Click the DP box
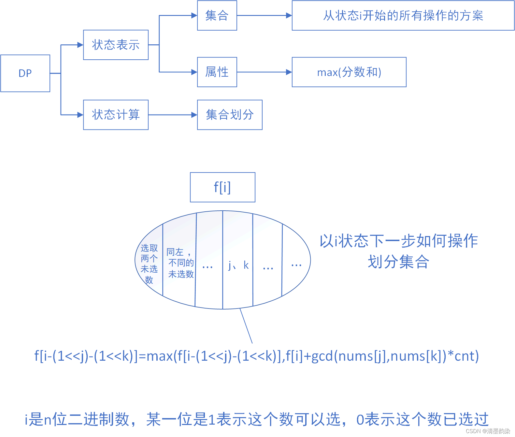point(25,73)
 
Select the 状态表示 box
point(116,45)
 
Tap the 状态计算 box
point(116,115)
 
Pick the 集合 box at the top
point(217,15)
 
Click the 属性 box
point(217,72)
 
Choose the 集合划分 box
point(230,115)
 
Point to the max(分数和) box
point(349,72)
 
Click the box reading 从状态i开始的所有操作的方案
point(403,15)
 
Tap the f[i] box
point(222,187)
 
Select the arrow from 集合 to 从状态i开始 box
point(264,15)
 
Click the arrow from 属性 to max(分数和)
point(264,72)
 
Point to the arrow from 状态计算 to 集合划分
point(173,115)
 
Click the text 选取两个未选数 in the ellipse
point(149,264)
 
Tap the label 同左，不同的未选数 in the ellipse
point(180,263)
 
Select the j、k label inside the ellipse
point(238,265)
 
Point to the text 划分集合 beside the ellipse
point(398,262)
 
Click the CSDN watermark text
point(488,431)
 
